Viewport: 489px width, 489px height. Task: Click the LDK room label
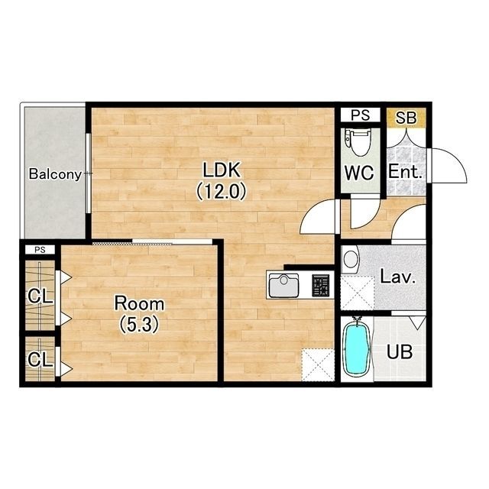[222, 170]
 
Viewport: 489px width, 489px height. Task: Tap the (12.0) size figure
[222, 192]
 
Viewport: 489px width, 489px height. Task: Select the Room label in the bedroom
[139, 303]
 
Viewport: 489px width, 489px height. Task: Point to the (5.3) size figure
[139, 324]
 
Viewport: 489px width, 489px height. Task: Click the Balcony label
[56, 174]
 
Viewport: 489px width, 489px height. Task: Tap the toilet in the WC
[359, 143]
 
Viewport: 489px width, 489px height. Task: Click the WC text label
[359, 173]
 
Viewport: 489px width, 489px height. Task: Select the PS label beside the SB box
[360, 115]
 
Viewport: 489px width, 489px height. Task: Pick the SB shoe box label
[406, 118]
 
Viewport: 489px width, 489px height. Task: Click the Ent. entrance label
[405, 172]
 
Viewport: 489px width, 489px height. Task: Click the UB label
[400, 352]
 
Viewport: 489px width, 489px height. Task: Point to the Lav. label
[397, 277]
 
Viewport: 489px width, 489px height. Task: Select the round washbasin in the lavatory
[351, 260]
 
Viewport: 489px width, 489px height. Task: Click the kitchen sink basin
[283, 285]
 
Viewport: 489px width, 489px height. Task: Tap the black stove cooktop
[321, 285]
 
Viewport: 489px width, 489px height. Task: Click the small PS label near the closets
[40, 250]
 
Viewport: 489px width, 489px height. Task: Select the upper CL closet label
[40, 296]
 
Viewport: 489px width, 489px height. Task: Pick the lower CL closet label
[40, 359]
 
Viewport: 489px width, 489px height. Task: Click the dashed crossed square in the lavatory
[358, 293]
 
